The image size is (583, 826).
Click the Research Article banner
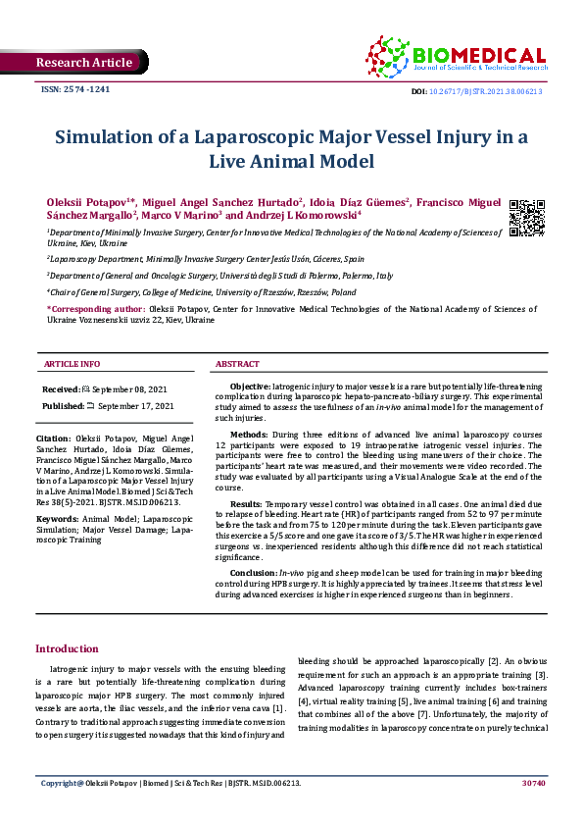click(x=83, y=63)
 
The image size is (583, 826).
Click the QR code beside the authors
click(x=527, y=218)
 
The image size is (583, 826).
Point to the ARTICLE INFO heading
click(x=72, y=364)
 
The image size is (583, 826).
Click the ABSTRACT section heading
click(x=237, y=364)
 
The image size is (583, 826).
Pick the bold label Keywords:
click(x=57, y=517)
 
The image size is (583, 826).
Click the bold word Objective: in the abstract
click(x=250, y=388)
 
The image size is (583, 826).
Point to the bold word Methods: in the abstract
click(x=248, y=434)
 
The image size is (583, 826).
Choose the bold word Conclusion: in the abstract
click(x=253, y=570)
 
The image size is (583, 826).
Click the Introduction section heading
click(x=67, y=648)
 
